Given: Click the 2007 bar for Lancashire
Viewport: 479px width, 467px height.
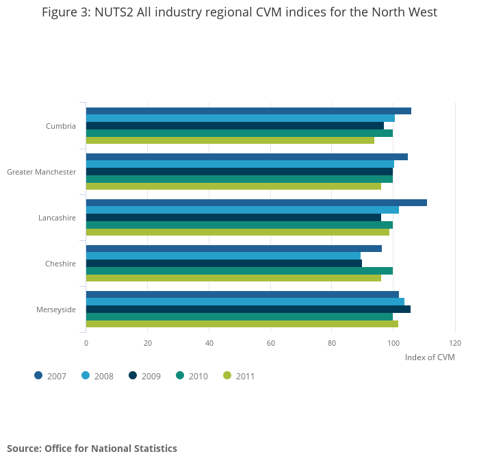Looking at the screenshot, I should (x=256, y=203).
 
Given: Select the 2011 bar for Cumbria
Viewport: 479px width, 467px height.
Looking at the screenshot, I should (x=230, y=140).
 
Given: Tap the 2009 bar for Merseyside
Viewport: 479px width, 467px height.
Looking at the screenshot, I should (x=248, y=309).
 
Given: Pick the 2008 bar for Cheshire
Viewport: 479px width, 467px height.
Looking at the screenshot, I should (x=223, y=255).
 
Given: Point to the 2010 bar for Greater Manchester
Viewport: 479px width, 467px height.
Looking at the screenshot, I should (x=239, y=179).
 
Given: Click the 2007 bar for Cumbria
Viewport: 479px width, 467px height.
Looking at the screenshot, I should (x=248, y=111).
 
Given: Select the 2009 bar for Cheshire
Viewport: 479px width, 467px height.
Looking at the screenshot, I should (x=224, y=263).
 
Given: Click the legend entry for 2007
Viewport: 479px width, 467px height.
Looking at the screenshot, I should (x=51, y=376).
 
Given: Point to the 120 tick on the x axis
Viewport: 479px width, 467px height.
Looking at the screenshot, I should (x=455, y=342).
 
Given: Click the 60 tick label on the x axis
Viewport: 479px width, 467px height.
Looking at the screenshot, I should (x=270, y=342).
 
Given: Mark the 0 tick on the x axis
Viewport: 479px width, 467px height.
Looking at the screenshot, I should (x=86, y=342).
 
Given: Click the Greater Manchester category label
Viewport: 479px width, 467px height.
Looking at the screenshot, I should (x=41, y=172).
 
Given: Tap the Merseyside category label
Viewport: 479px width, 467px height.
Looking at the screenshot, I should (x=56, y=310).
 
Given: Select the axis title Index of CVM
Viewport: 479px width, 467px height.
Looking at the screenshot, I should (x=430, y=357).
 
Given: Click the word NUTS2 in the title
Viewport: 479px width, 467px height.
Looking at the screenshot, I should (x=125, y=12).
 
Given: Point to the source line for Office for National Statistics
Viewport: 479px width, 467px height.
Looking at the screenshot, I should (x=92, y=449).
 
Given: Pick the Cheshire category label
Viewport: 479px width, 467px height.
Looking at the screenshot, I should (x=60, y=264).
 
